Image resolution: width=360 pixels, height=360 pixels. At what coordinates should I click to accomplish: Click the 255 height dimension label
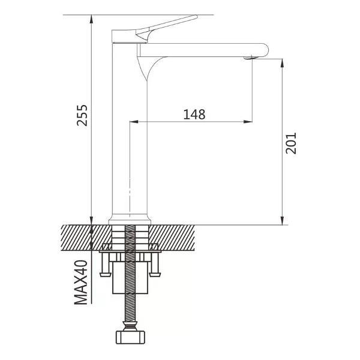point(82,115)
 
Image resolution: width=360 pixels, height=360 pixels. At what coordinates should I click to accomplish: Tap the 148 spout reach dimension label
point(194,115)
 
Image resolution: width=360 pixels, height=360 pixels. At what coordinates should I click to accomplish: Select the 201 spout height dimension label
point(291,143)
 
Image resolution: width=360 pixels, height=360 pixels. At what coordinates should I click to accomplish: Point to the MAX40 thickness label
point(81,282)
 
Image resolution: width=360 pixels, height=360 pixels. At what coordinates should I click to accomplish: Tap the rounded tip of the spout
point(266,50)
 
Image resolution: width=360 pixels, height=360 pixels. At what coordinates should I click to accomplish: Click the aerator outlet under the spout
point(248,58)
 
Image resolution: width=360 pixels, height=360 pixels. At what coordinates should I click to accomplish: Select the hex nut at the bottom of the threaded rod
point(130,337)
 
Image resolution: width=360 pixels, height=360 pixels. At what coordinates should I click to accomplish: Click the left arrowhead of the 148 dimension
point(134,122)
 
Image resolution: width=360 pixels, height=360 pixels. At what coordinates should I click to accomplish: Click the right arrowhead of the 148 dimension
point(248,122)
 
